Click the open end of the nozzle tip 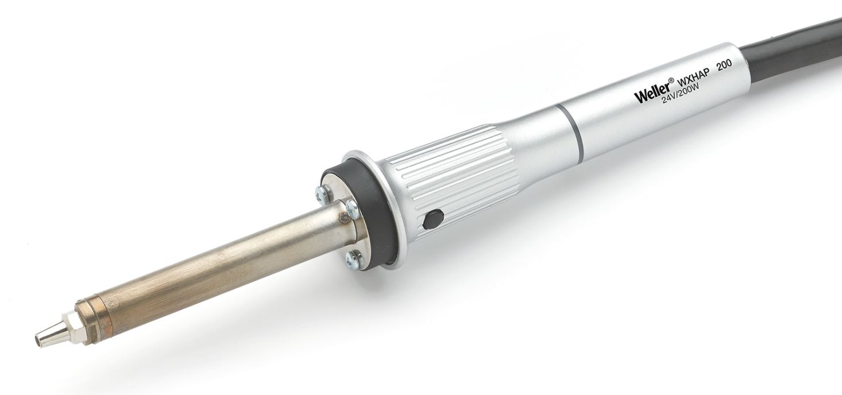(38, 340)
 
